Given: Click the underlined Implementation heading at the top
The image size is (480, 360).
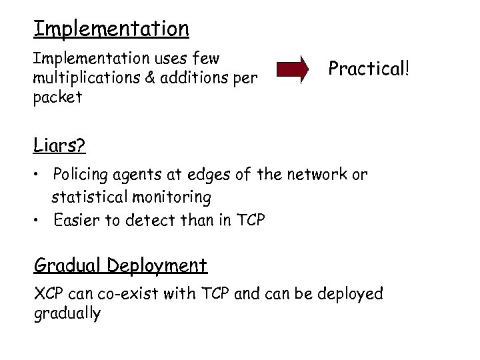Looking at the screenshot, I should tap(111, 29).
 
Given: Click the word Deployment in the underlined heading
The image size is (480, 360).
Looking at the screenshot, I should tap(159, 265).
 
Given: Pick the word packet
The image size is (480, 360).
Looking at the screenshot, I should tap(57, 97).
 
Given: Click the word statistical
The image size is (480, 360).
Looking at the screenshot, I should tap(91, 198).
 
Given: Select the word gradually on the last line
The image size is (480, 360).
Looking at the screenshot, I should tap(67, 313).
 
